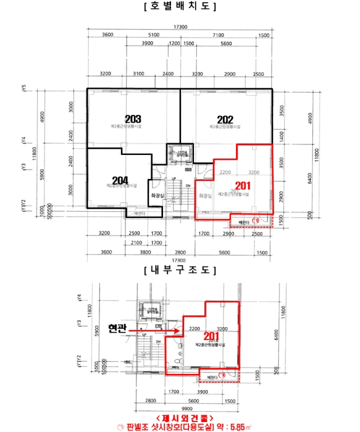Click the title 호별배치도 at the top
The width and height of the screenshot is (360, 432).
pyautogui.click(x=178, y=8)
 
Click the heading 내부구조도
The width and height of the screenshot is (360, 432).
pyautogui.click(x=178, y=270)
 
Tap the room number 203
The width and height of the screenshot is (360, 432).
pyautogui.click(x=133, y=118)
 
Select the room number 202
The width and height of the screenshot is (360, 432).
pyautogui.click(x=225, y=118)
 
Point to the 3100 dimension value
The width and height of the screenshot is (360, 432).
pyautogui.click(x=138, y=74)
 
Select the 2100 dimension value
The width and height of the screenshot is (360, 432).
pyautogui.click(x=139, y=243)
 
